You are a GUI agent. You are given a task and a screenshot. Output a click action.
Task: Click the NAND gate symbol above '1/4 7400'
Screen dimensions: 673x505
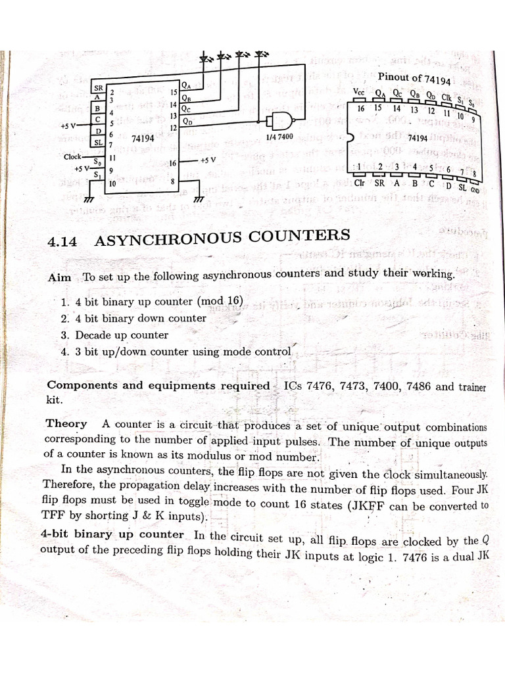tap(277, 120)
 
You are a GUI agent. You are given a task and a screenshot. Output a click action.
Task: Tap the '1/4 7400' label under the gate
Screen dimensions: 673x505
tap(279, 137)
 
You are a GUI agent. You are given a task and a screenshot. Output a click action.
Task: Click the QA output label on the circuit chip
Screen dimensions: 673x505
tap(187, 85)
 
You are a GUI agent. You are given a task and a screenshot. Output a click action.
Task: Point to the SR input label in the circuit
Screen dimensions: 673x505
tap(99, 87)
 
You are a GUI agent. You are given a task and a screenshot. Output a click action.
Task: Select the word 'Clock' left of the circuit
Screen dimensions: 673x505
tap(73, 156)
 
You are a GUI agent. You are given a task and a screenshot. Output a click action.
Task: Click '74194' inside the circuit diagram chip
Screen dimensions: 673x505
tap(143, 139)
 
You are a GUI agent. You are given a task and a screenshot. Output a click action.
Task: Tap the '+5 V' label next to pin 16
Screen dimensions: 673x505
tap(208, 160)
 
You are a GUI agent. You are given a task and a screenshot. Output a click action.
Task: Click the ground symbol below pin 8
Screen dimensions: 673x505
tap(198, 198)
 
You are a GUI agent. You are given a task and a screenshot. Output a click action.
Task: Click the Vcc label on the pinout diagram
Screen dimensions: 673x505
tap(360, 91)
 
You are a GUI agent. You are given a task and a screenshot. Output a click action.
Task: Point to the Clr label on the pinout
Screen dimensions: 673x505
tap(360, 183)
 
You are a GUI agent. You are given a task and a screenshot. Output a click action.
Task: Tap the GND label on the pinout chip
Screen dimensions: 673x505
tap(474, 191)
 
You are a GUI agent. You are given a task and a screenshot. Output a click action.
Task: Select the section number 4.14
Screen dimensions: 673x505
tap(62, 241)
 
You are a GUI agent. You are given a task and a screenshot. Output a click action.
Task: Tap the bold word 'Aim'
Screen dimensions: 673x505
tap(60, 277)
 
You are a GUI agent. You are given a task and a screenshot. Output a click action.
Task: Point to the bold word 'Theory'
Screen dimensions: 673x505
tap(66, 423)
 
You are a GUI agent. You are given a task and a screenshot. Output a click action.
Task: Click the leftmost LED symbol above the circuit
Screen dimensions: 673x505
tap(207, 58)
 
